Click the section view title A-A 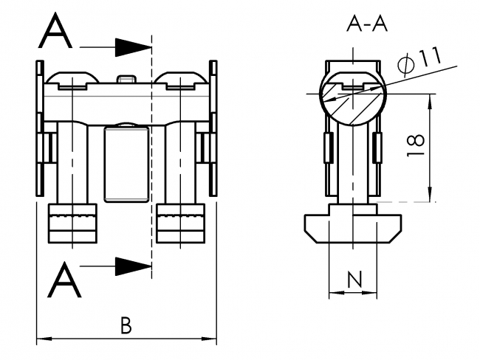pos(367,24)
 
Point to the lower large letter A pos(64,280)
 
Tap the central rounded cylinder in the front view pos(126,163)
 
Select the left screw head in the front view pos(72,79)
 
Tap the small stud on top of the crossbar pos(126,78)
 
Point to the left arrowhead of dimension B pos(41,340)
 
